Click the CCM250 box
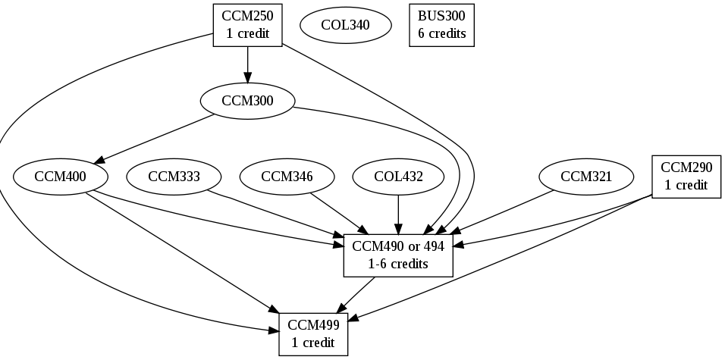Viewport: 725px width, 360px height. coord(247,25)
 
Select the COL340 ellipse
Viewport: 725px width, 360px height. coord(346,25)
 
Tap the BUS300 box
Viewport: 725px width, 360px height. coord(441,25)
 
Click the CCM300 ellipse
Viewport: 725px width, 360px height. coord(247,101)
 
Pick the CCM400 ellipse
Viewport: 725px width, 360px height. coord(61,177)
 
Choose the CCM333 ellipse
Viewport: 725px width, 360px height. coord(174,177)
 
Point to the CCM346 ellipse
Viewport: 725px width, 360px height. coord(287,177)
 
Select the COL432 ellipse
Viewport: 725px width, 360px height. coord(399,177)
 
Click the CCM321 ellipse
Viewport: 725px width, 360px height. coord(585,177)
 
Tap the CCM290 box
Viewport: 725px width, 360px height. coord(686,177)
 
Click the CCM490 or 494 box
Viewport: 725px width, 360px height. coord(399,254)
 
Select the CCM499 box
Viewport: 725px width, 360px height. coord(313,333)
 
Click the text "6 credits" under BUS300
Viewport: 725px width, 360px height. coord(441,34)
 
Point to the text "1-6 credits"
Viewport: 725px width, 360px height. coord(399,264)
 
